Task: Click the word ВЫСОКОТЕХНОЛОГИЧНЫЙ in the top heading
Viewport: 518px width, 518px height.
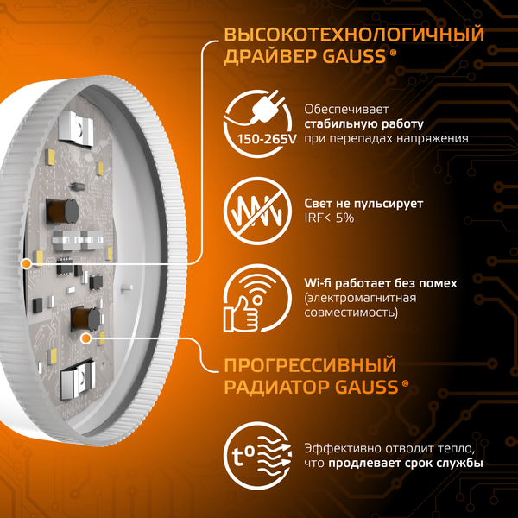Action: click(353, 36)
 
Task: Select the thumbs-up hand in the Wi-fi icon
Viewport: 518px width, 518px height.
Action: click(243, 313)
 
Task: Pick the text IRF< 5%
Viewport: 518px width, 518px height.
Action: click(329, 218)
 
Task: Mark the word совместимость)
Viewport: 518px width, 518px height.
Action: click(351, 313)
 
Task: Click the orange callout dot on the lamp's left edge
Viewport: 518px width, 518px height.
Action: click(27, 262)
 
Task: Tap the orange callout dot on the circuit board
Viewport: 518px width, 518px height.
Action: click(85, 339)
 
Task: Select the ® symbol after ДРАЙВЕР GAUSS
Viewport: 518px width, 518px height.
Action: click(394, 54)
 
